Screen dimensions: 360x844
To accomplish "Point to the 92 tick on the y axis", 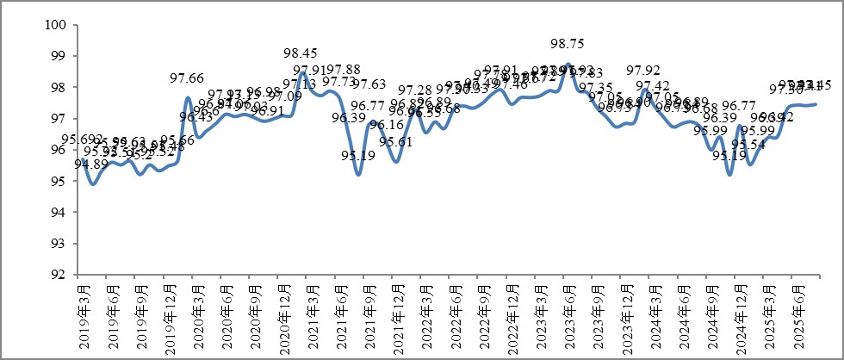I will [59, 275].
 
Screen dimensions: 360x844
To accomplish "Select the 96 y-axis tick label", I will [59, 150].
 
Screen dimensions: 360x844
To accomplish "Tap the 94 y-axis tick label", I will [59, 213].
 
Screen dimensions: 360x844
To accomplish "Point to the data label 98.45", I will [301, 53].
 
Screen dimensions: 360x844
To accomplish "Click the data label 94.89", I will [91, 164].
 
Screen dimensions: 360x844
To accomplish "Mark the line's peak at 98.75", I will [565, 65].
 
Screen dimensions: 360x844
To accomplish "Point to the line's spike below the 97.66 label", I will [188, 97].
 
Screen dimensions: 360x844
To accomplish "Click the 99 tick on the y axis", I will [59, 56].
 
